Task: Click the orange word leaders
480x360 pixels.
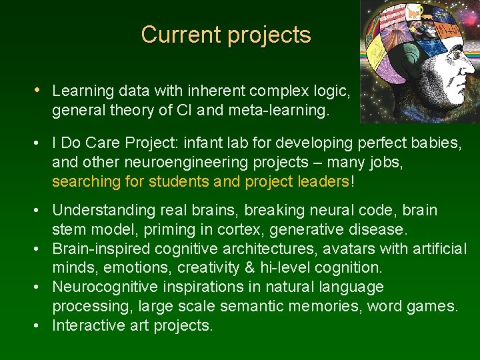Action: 325,182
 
